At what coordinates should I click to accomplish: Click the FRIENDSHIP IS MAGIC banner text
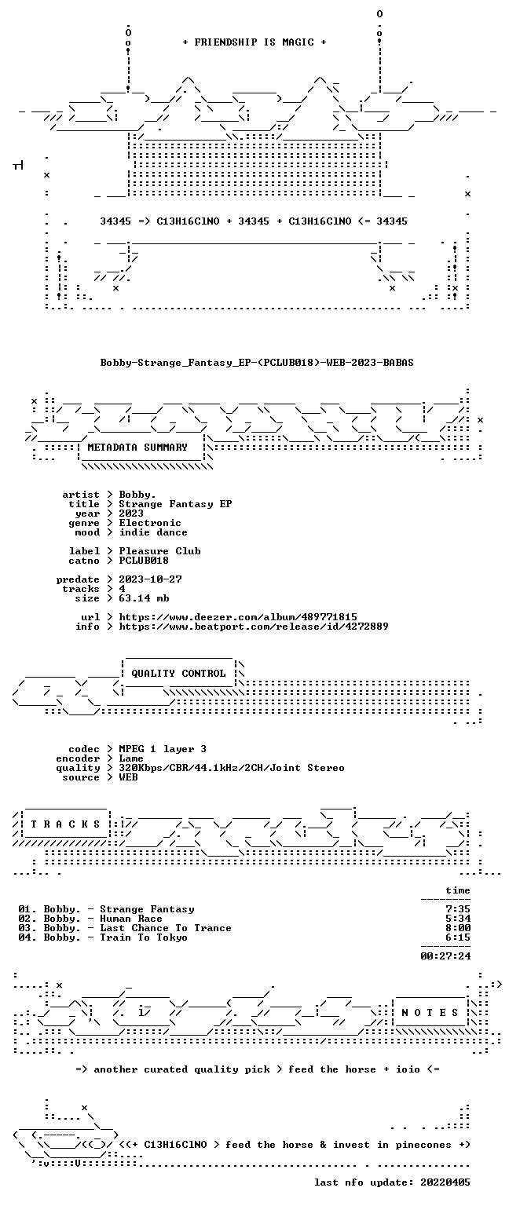pos(255,42)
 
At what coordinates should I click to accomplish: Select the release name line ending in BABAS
pos(257,362)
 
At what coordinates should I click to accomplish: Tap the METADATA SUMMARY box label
pos(137,447)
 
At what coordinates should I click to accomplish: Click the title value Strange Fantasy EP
pos(176,504)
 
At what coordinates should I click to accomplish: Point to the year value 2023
pos(131,513)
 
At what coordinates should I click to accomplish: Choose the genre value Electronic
pos(150,523)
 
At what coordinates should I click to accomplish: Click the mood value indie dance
pos(153,532)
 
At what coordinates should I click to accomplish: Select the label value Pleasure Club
pos(160,550)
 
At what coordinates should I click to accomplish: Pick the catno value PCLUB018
pos(144,560)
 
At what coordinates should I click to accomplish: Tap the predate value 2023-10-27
pos(150,579)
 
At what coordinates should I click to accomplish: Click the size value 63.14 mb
pos(144,598)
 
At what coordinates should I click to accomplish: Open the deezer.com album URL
pos(238,617)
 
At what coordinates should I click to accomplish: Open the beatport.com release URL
pos(254,626)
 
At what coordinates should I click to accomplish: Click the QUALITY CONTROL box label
pos(178,674)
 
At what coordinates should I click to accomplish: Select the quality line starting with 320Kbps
pos(232,768)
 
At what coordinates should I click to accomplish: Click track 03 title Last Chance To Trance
pos(166,927)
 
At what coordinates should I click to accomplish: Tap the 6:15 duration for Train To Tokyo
pos(458,937)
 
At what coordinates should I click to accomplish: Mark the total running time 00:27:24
pos(445,956)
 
